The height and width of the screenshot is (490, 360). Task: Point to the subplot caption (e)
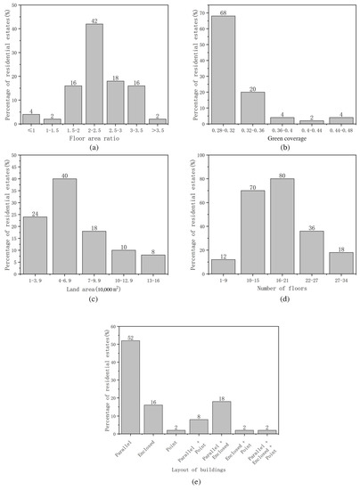(183, 481)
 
